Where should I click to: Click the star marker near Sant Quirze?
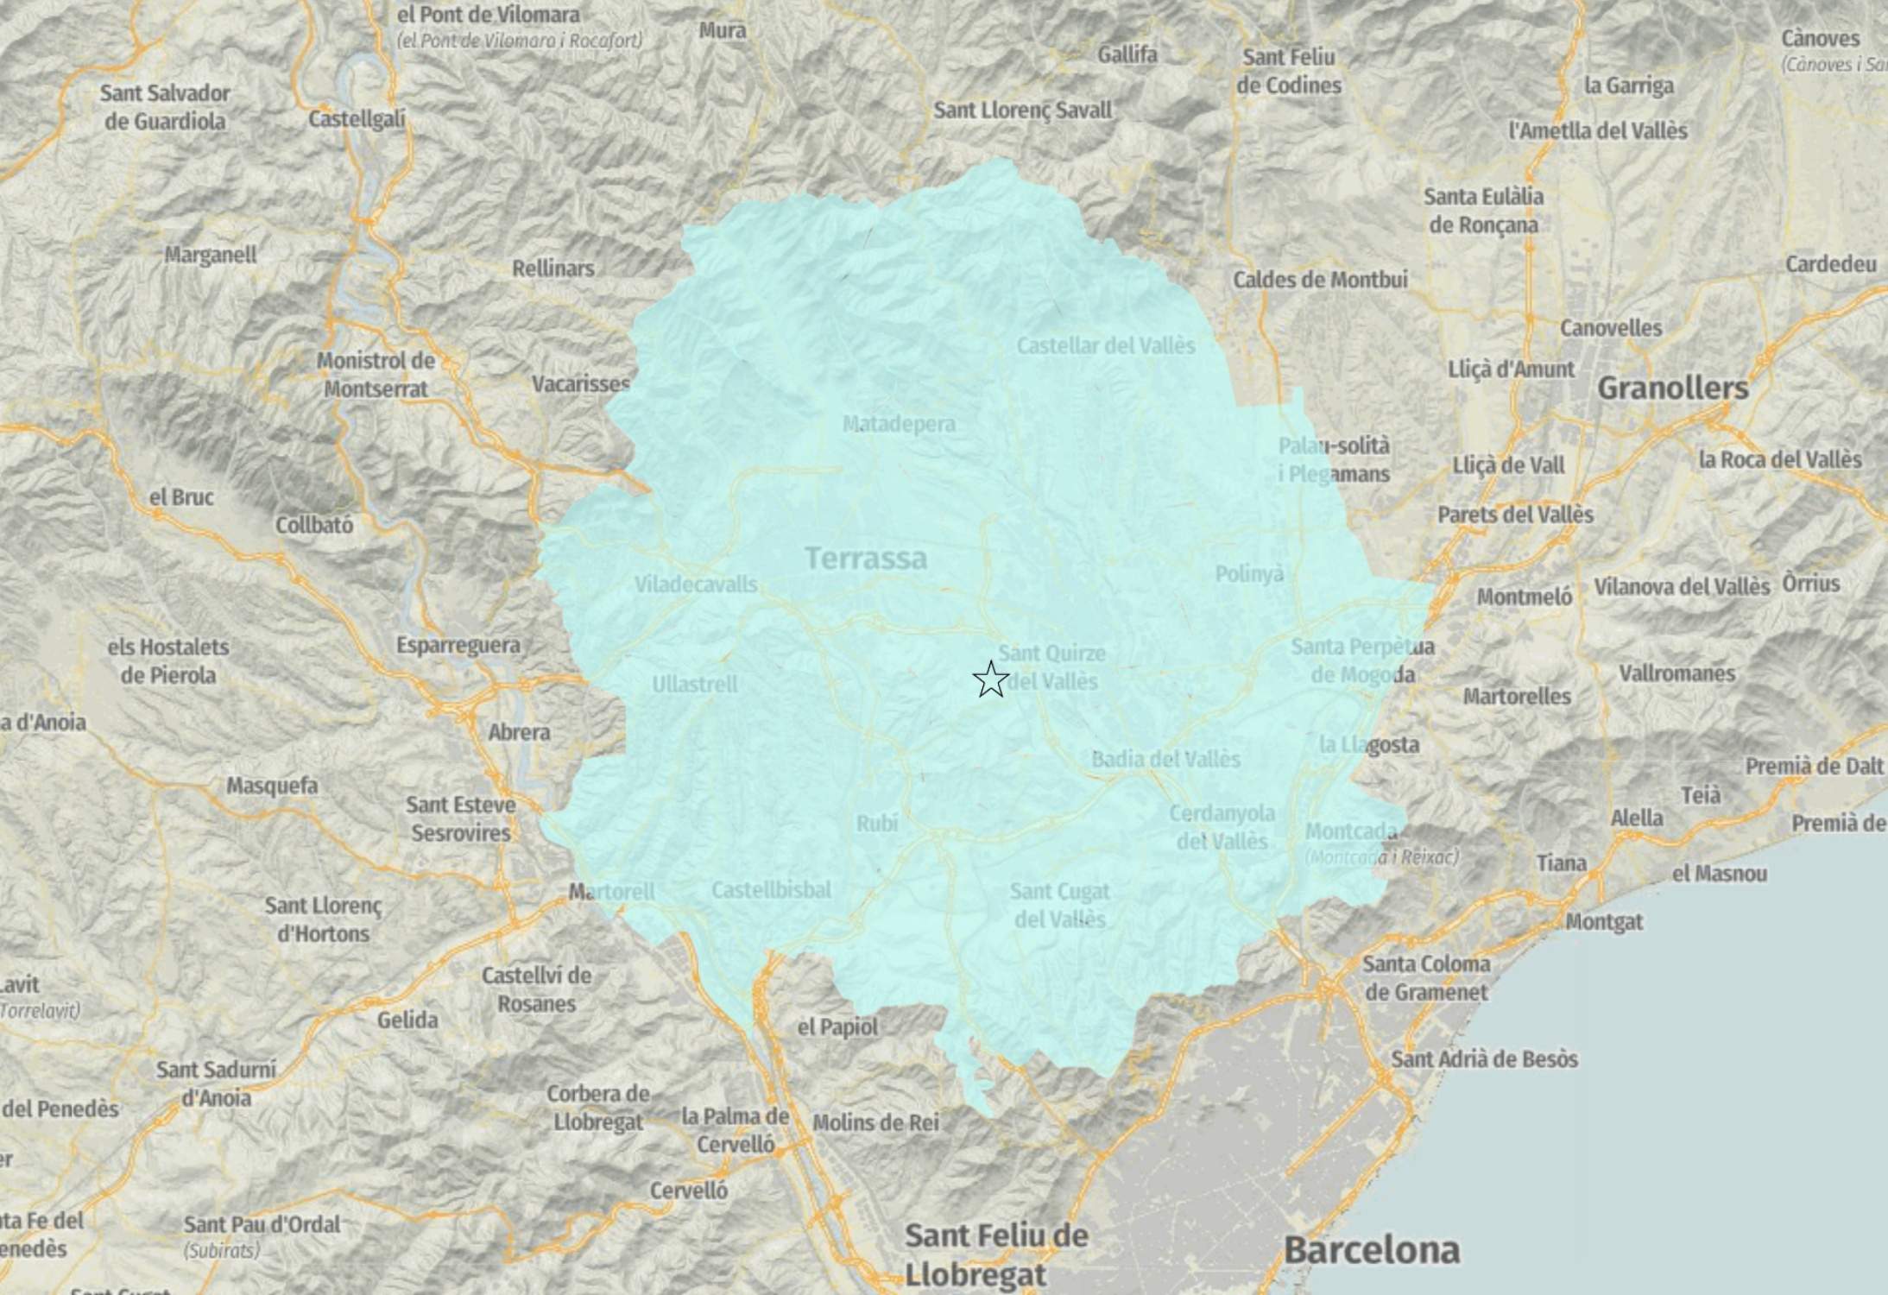990,679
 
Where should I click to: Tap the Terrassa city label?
866,559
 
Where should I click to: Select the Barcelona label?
1372,1250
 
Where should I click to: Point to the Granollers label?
1672,388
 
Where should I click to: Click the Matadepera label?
899,424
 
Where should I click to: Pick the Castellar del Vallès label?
1105,346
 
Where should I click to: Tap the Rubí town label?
877,824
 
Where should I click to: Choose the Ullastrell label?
695,685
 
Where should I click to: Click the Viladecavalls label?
696,584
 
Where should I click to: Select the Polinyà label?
1249,574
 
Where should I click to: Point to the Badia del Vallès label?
1165,760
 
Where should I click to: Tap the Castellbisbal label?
771,890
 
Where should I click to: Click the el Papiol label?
837,1027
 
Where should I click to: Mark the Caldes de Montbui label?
1320,280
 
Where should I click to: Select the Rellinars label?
553,268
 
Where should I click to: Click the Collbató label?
314,525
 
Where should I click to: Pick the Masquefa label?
272,786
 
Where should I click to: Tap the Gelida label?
407,1020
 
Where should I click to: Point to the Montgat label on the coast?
1604,922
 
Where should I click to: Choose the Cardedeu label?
1830,264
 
